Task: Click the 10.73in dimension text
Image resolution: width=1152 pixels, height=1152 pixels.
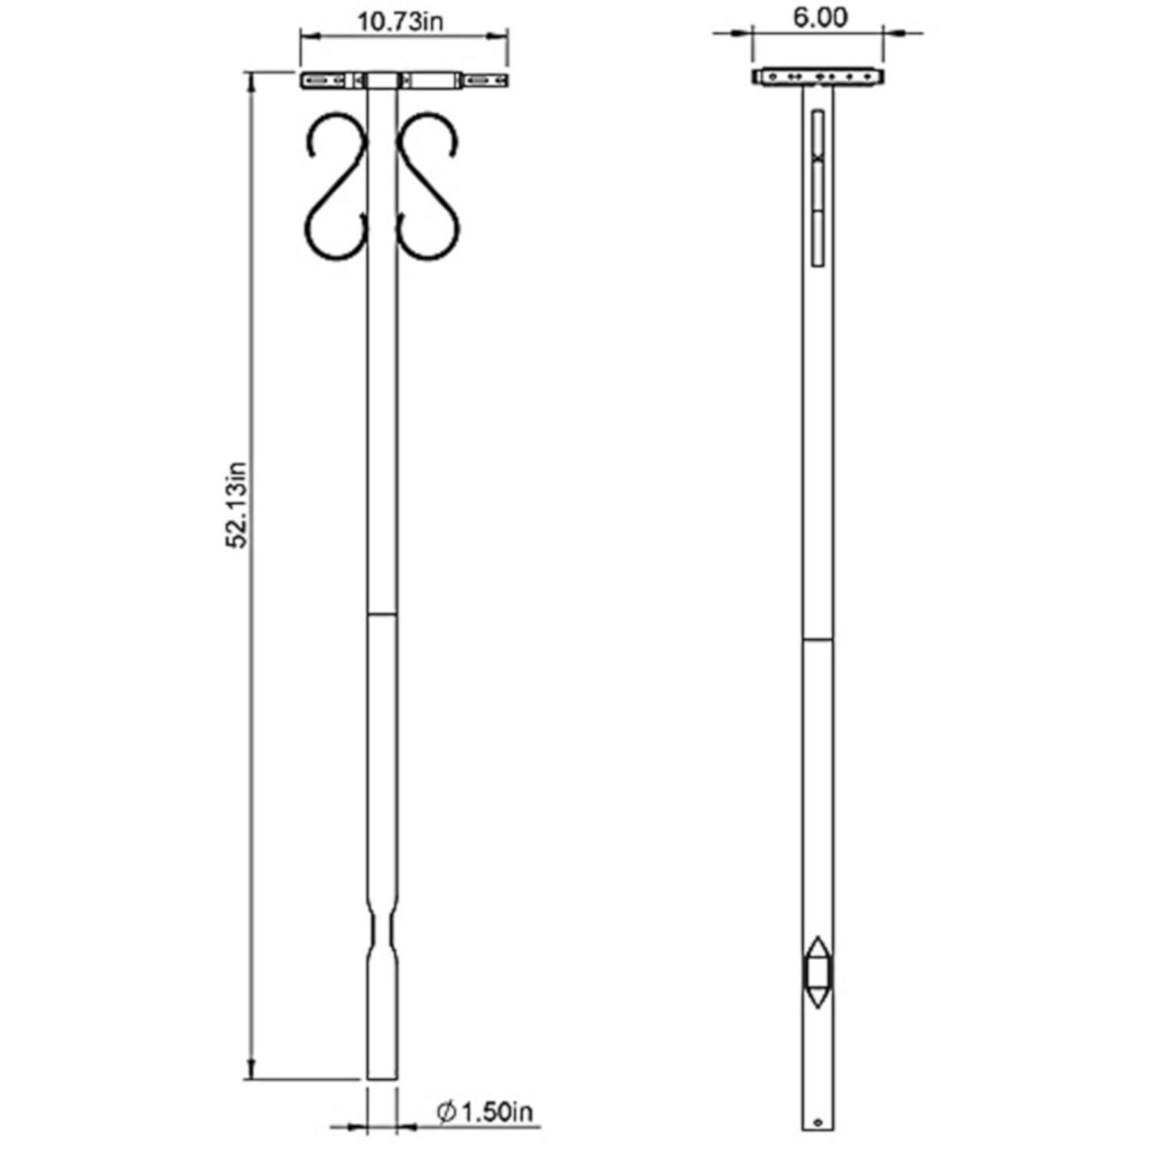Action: click(400, 21)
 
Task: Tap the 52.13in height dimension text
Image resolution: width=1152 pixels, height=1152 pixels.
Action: click(237, 504)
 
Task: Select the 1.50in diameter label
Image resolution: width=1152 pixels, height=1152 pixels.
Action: click(495, 1112)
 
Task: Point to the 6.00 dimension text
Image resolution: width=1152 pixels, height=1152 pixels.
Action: click(820, 18)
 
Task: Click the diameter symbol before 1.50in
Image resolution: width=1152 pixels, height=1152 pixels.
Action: click(446, 1112)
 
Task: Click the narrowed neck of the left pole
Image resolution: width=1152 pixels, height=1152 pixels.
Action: click(382, 930)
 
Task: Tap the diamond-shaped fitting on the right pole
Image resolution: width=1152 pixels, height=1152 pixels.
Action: click(817, 972)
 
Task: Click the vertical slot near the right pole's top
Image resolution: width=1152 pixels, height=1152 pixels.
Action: click(817, 187)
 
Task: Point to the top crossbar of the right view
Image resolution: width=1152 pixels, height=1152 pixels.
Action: click(819, 77)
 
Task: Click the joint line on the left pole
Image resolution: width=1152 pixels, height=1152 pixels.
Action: click(382, 614)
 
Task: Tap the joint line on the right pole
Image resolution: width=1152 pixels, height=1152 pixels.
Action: click(817, 639)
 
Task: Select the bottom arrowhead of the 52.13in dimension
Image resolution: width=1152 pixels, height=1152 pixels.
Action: click(250, 1072)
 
